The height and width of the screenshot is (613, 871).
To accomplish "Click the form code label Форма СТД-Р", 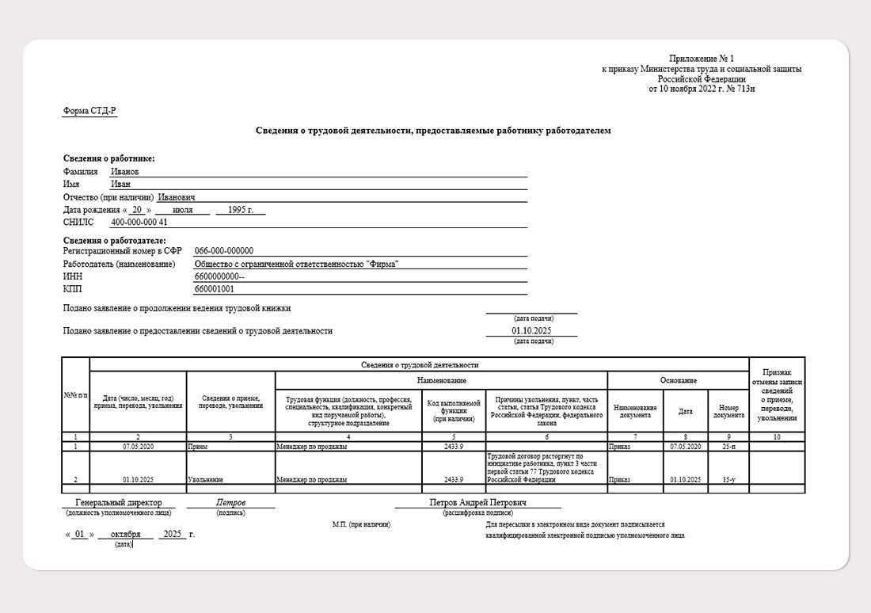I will click(89, 111).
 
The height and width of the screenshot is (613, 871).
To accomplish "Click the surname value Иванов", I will click(125, 171).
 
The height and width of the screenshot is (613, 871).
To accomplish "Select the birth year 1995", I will click(240, 210).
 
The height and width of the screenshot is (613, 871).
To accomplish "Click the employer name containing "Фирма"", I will click(296, 264).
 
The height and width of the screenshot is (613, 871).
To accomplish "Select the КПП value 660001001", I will click(214, 289).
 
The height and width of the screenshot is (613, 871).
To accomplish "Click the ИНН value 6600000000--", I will click(219, 276).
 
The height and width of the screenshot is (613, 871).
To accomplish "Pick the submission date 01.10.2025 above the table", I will click(531, 331).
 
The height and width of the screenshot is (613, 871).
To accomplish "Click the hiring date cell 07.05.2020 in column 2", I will click(138, 447).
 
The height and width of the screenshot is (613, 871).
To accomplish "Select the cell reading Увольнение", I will click(205, 480).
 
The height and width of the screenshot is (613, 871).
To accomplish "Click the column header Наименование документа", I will click(635, 411).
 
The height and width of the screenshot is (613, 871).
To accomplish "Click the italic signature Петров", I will click(230, 503).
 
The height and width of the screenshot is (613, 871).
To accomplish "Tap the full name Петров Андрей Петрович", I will click(478, 503).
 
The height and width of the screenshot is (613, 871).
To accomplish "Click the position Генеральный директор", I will click(119, 503).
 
